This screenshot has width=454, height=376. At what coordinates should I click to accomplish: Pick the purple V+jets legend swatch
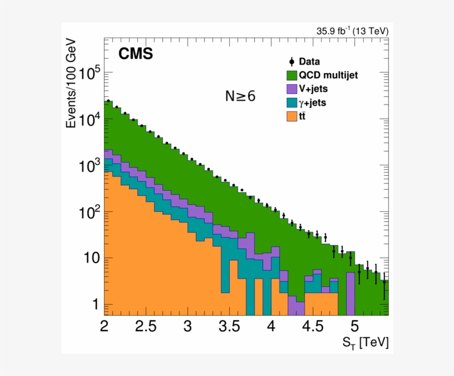(x=292, y=88)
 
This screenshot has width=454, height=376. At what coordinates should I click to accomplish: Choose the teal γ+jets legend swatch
(x=292, y=102)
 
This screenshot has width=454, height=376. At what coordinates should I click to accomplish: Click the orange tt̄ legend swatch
(x=292, y=116)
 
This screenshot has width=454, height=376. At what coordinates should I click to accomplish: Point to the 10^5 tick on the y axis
(x=89, y=73)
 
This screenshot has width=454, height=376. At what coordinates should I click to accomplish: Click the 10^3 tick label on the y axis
(x=89, y=166)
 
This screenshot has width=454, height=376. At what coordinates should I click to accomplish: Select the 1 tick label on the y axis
(x=95, y=305)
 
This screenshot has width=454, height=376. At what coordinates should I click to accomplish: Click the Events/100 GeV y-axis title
(x=71, y=83)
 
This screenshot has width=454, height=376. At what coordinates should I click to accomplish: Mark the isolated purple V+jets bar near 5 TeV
(x=350, y=293)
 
